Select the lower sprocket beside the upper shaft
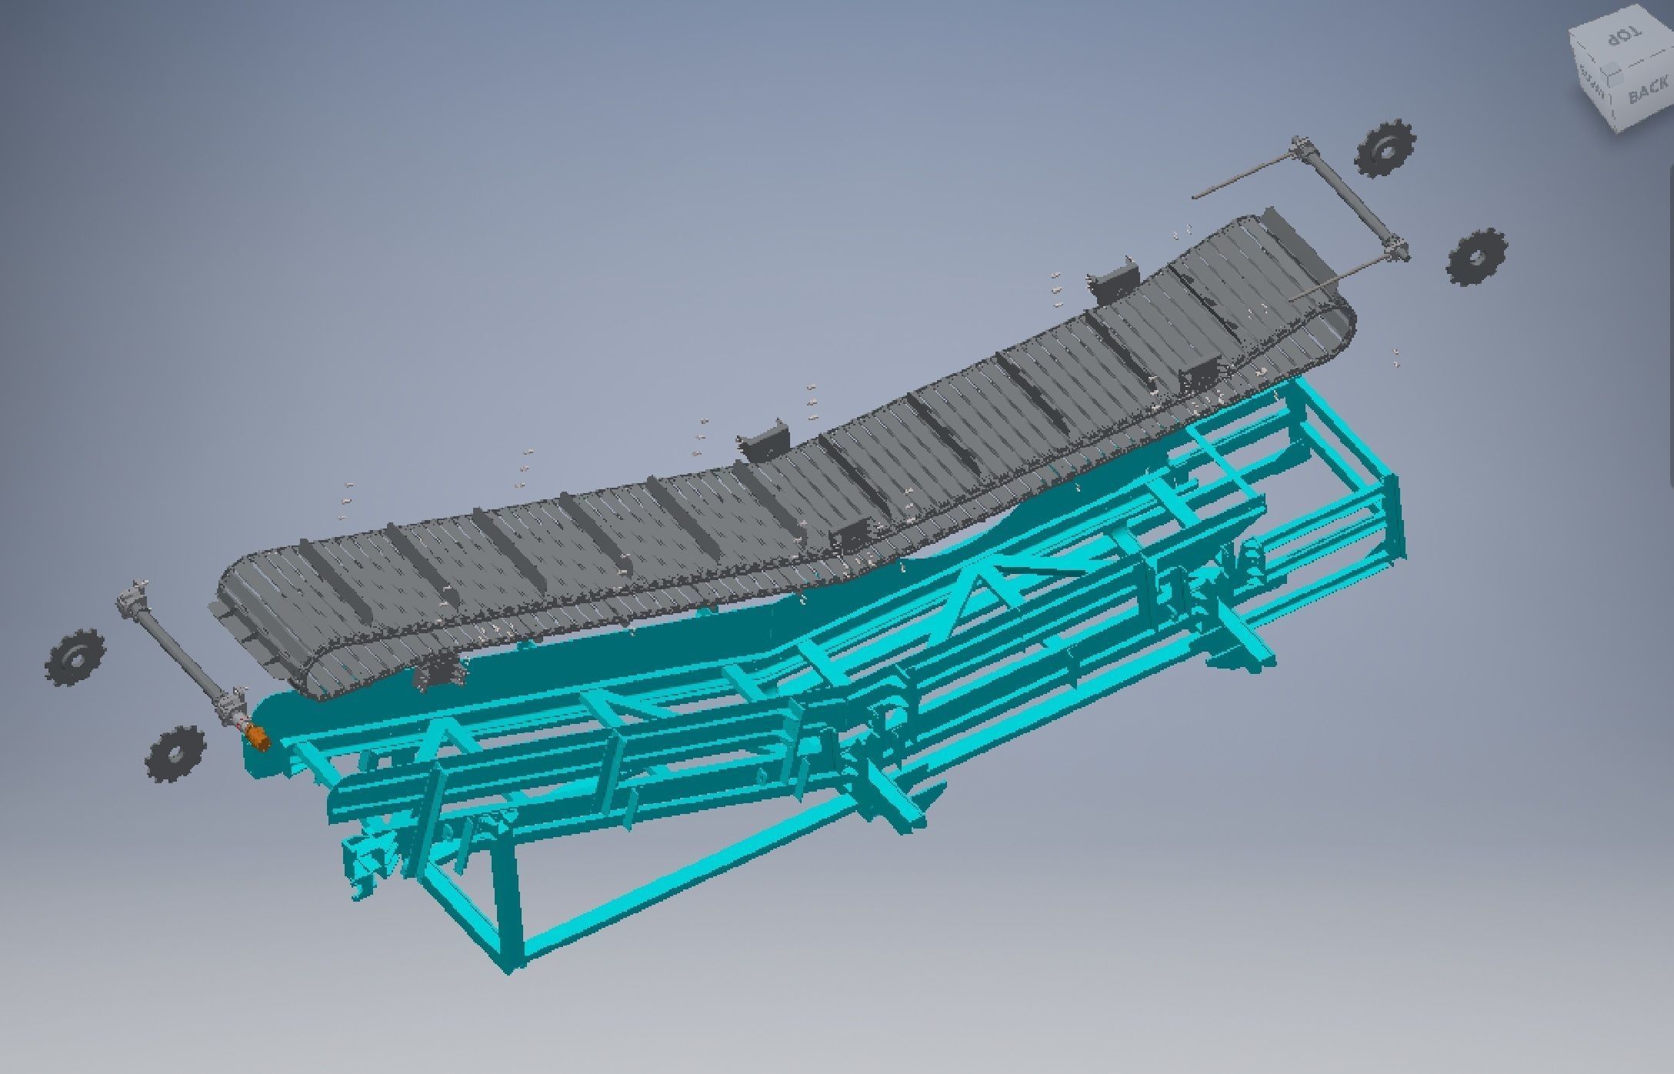tap(1476, 257)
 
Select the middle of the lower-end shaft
tap(177, 654)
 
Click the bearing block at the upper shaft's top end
tap(1300, 146)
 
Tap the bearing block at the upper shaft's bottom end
tap(1396, 251)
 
